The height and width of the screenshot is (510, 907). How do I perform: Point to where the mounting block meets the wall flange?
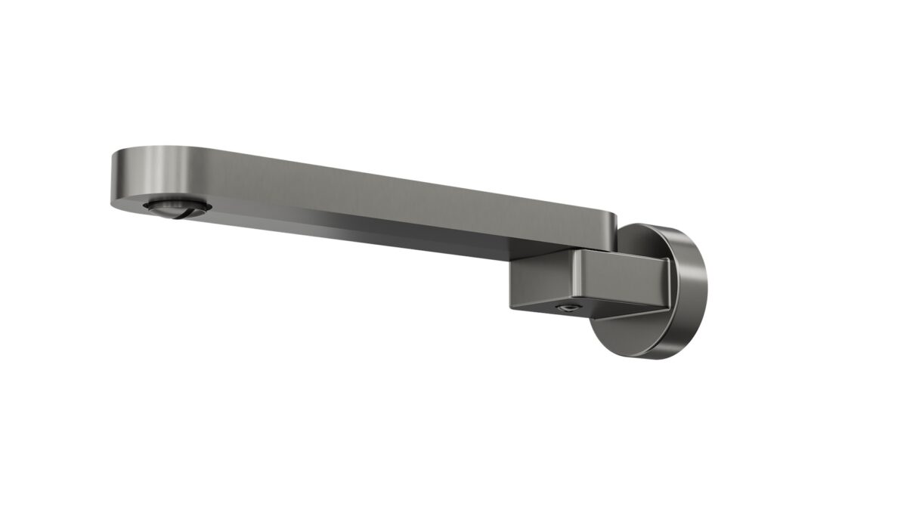point(668,283)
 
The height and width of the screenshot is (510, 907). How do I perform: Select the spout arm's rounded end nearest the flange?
point(609,227)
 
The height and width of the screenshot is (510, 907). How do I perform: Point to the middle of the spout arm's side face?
point(378,200)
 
